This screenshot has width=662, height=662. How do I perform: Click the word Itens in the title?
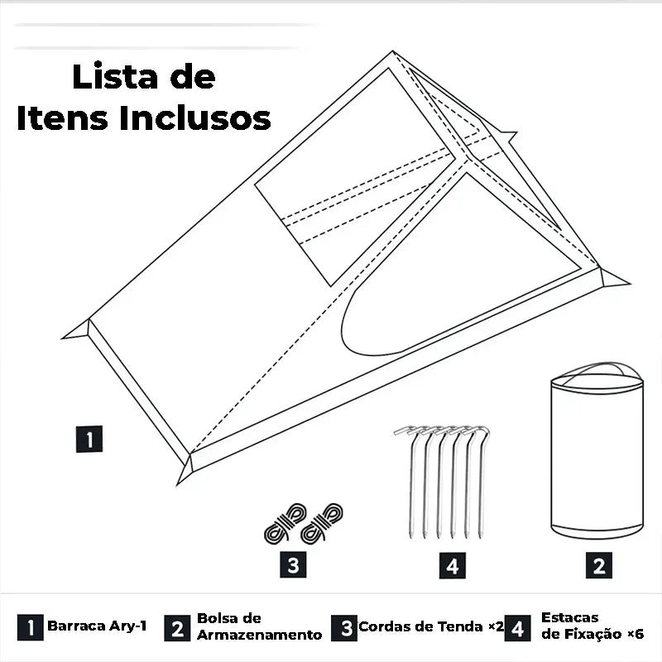pos(64,118)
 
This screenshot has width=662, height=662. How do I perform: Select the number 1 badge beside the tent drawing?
pos(89,439)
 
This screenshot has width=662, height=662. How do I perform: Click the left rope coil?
pos(285,523)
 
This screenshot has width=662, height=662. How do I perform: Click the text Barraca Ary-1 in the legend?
pos(97,626)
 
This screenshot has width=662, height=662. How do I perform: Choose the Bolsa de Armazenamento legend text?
pos(259,626)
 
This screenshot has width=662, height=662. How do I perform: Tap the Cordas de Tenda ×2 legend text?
pos(431,626)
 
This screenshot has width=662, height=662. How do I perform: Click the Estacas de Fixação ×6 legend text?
pos(592,626)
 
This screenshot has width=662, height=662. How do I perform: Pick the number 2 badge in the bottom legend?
pos(177,628)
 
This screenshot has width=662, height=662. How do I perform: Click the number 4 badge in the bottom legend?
pos(518,628)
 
